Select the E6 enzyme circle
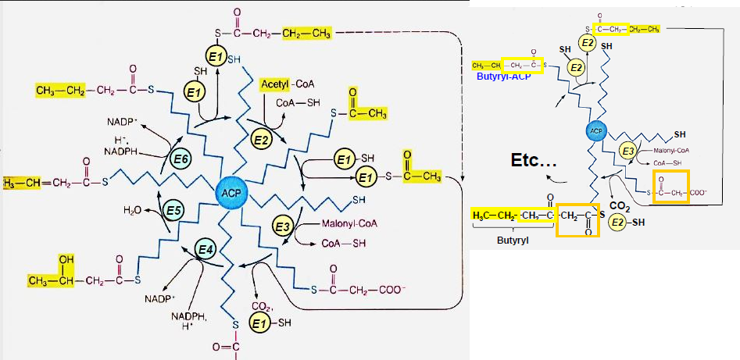point(181,159)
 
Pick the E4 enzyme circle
point(206,250)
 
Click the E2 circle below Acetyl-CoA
point(260,140)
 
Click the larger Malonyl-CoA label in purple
point(349,223)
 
